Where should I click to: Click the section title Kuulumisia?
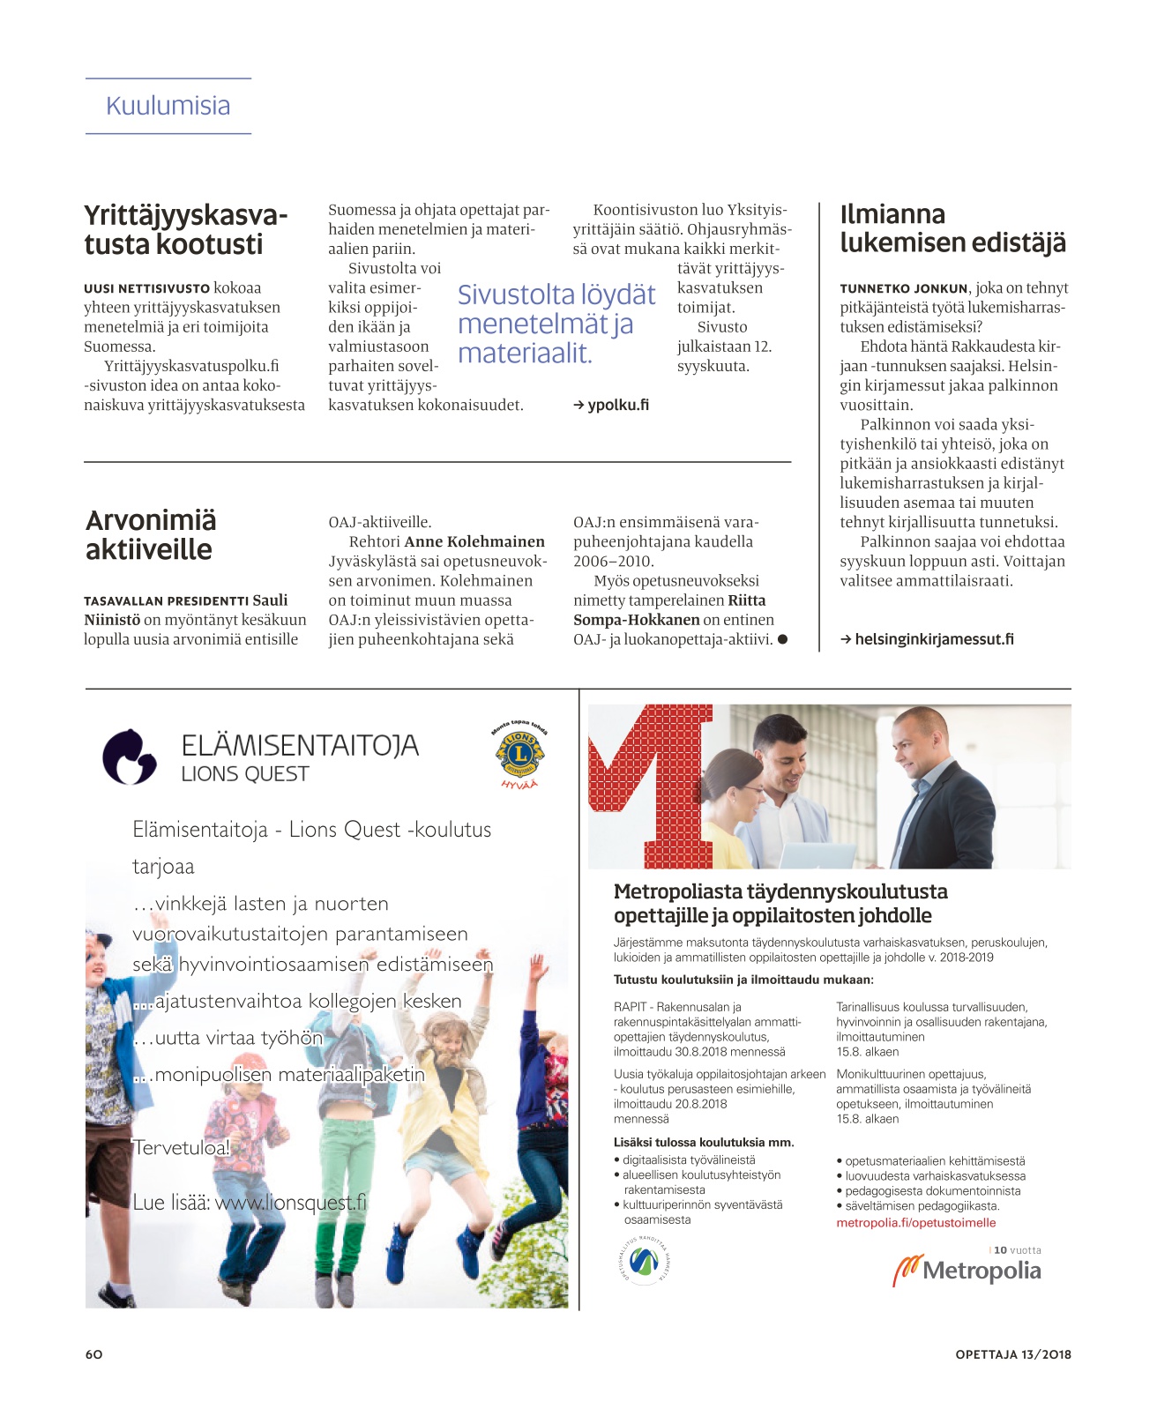point(168,106)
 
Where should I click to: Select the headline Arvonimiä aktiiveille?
point(150,535)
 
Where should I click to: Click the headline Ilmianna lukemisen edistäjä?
point(952,228)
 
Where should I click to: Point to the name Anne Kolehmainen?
point(474,541)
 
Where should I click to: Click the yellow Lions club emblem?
point(519,754)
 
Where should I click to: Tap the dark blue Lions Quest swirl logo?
point(130,757)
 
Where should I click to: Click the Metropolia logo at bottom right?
point(967,1271)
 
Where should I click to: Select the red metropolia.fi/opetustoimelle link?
point(915,1223)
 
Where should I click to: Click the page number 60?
point(93,1354)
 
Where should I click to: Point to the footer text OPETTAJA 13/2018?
point(1013,1354)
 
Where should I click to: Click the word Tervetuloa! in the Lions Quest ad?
point(181,1148)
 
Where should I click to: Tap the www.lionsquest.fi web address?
point(290,1203)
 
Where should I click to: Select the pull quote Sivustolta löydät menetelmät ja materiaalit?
point(556,324)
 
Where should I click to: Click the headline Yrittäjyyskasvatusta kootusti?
point(186,230)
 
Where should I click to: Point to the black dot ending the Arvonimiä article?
point(782,639)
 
